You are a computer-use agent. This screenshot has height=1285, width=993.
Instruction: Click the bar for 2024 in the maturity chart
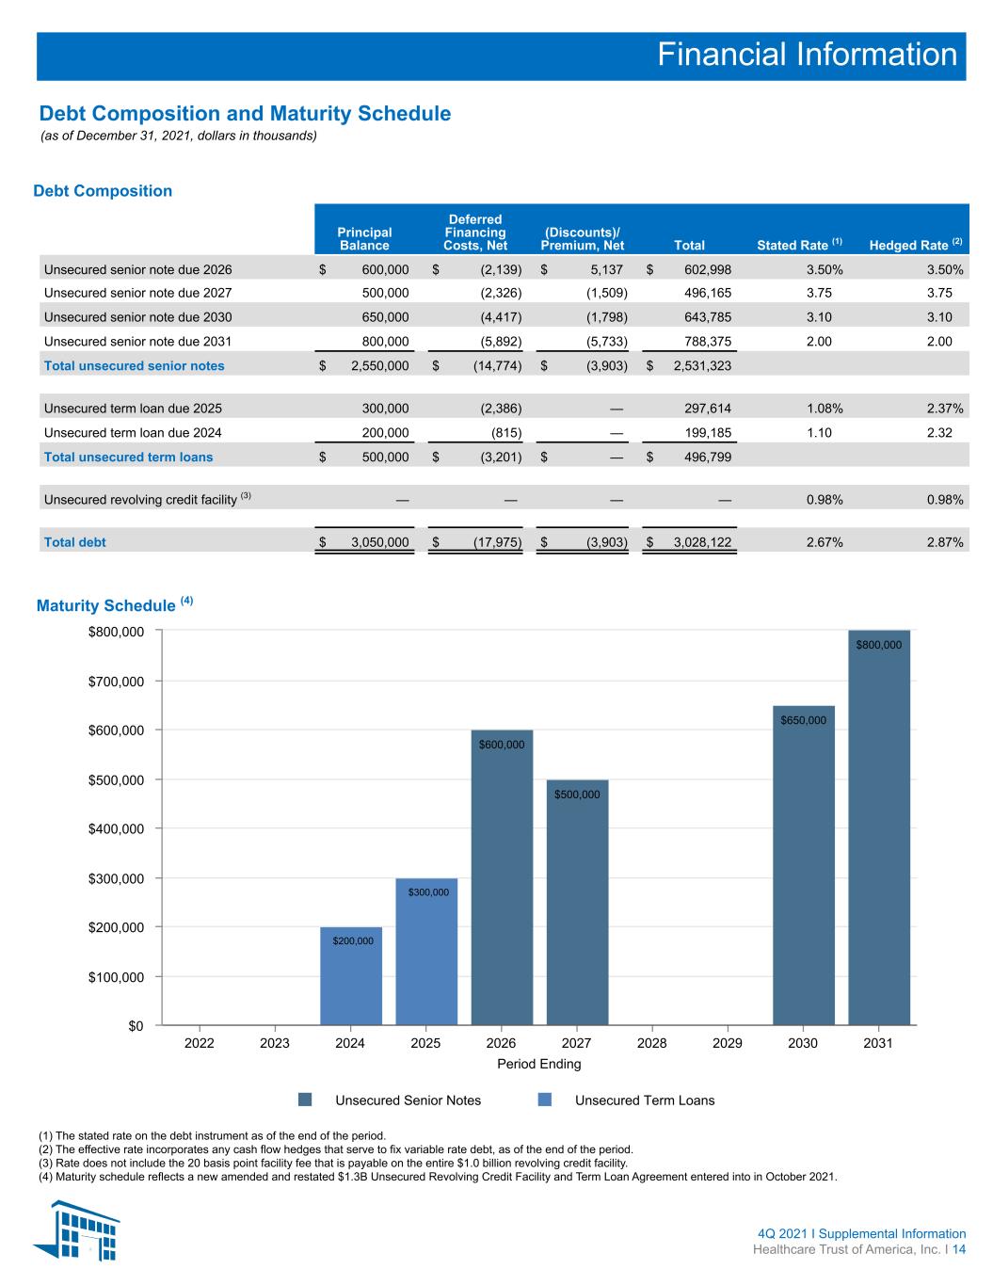tap(350, 975)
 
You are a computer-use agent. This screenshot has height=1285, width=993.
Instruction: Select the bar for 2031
tap(879, 827)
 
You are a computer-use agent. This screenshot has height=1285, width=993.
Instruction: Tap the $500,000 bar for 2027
tap(577, 903)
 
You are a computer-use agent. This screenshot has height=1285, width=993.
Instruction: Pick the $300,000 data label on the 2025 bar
tap(428, 892)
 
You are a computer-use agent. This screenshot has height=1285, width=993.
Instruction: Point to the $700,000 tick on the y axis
tap(116, 682)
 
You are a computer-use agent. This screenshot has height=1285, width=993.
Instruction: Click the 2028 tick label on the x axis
tap(652, 1043)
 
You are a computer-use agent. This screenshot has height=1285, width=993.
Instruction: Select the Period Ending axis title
tap(539, 1064)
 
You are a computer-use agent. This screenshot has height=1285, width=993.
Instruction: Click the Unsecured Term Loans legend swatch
tap(544, 1100)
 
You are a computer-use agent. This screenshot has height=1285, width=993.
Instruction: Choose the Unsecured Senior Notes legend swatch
tap(305, 1100)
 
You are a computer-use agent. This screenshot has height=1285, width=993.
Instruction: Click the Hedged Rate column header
tap(916, 244)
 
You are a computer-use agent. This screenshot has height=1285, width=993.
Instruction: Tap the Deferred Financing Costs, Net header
tap(475, 233)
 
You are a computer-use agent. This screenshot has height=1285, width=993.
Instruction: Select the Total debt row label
tap(75, 542)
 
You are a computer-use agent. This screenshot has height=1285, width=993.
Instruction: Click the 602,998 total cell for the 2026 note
tap(708, 269)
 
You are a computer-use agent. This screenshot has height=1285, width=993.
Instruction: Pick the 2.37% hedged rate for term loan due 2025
tap(945, 408)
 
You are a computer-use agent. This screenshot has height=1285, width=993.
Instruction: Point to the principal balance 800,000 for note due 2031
tap(385, 341)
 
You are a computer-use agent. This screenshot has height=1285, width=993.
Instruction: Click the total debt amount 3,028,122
tap(702, 542)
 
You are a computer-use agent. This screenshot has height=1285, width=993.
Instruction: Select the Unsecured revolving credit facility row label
tap(147, 499)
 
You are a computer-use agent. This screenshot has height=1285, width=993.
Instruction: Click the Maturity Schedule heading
tap(115, 605)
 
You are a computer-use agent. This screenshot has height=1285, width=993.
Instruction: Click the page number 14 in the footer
tap(959, 1249)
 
